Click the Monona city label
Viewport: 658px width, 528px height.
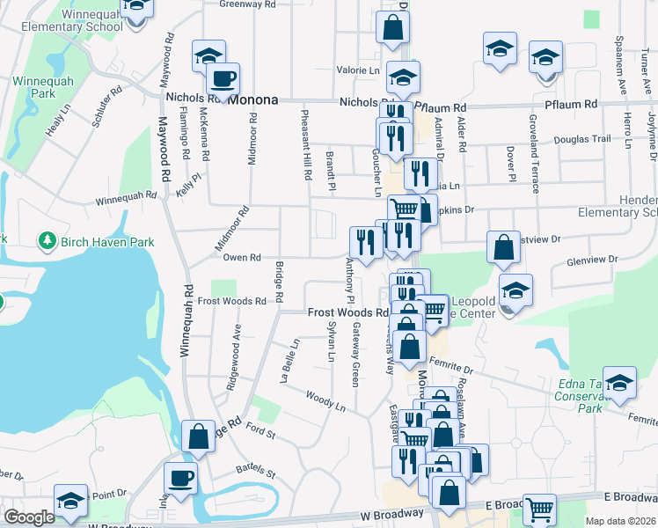(253, 100)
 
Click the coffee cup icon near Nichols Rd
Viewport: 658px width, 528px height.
(223, 78)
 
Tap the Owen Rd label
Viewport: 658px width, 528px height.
(242, 258)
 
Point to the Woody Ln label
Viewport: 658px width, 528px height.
(325, 400)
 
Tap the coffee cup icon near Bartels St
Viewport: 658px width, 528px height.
(181, 478)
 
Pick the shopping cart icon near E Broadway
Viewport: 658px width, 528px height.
(540, 508)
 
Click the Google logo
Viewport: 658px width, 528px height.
(29, 517)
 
